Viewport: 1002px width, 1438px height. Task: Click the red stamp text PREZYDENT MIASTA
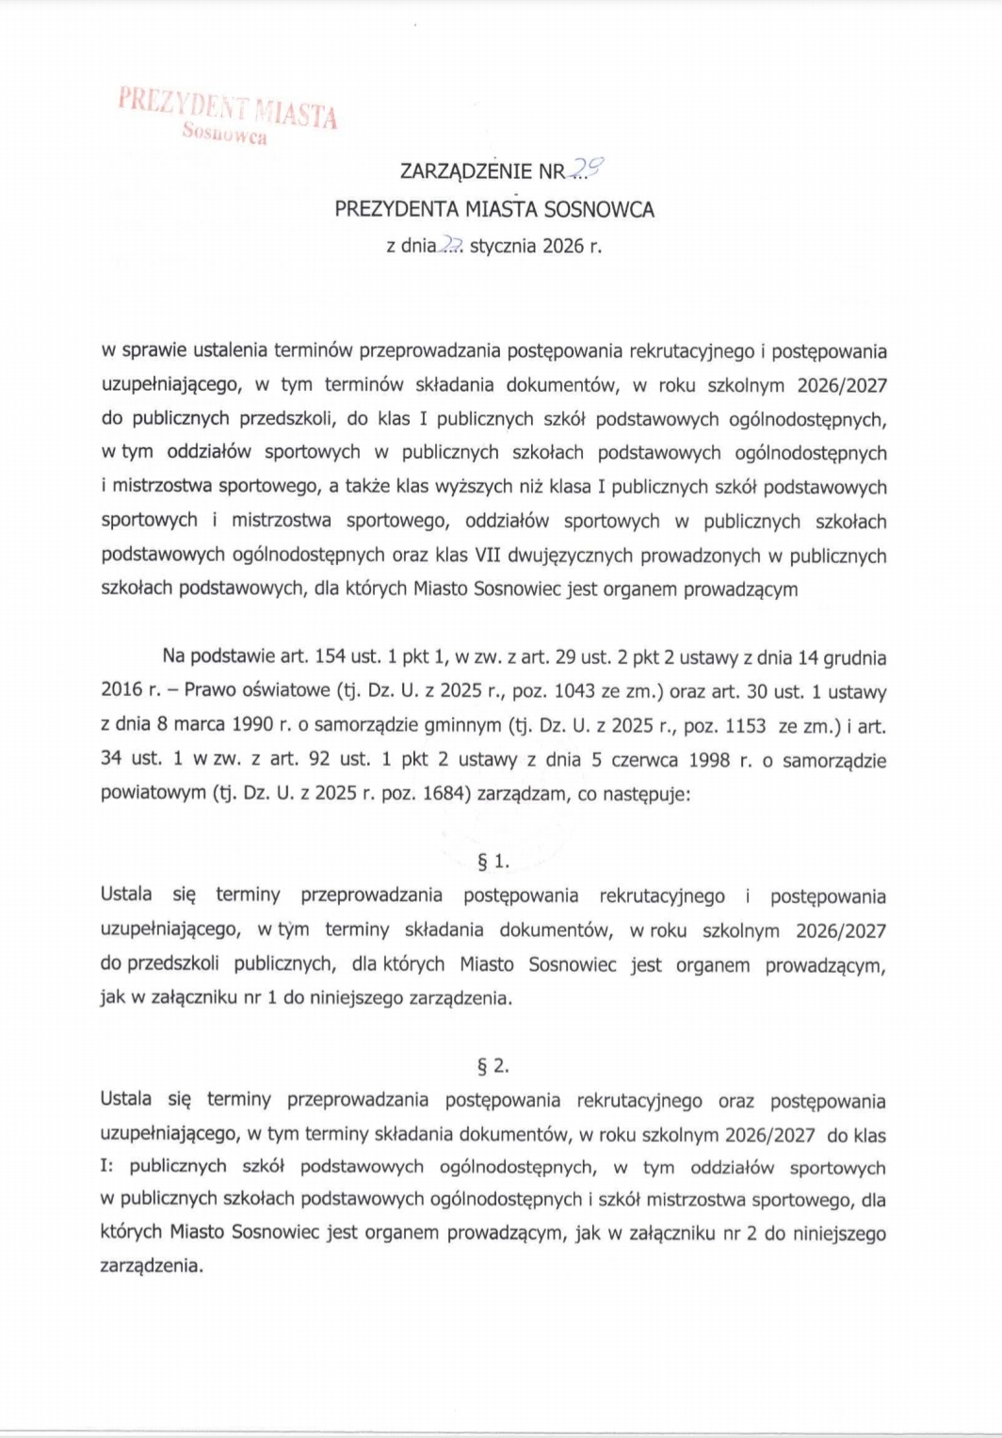point(227,106)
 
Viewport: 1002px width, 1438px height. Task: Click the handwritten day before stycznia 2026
point(452,246)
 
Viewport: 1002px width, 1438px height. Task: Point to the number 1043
point(574,691)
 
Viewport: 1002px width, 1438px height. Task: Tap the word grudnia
point(855,657)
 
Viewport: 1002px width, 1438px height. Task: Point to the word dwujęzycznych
point(572,556)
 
